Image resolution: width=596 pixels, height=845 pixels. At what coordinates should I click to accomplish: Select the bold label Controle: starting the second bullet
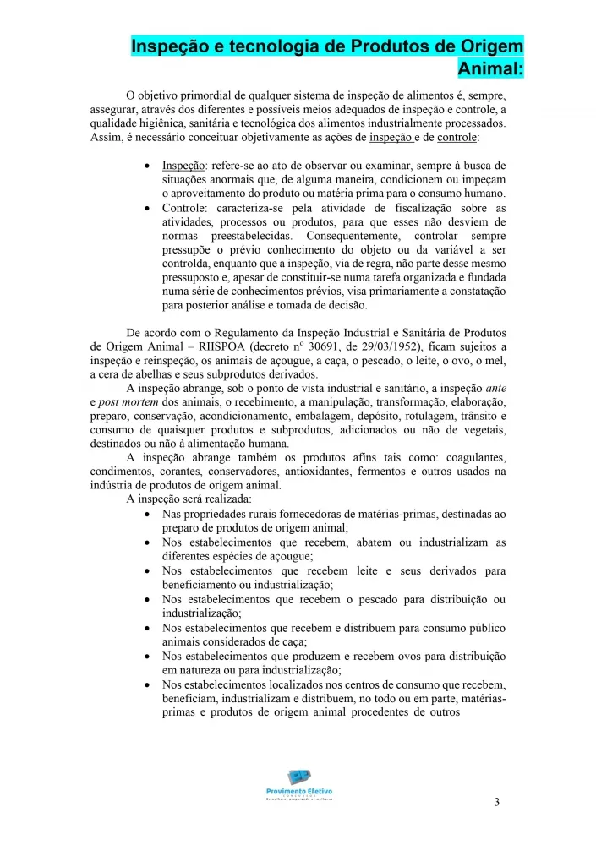(187, 208)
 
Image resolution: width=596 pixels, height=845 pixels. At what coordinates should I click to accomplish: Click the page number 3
(497, 802)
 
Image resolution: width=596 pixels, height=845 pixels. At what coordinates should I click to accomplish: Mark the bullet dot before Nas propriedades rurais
(149, 514)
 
